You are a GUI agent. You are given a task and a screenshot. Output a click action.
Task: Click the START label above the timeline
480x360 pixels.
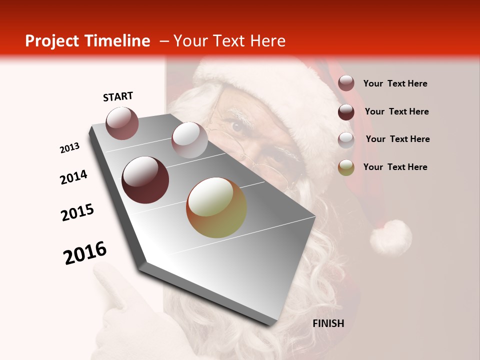(x=118, y=96)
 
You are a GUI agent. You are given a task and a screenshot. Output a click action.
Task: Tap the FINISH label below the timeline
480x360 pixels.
(x=328, y=323)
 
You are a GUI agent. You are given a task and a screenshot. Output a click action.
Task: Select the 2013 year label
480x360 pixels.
(x=69, y=148)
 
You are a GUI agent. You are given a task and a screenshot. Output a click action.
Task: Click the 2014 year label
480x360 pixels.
(x=73, y=177)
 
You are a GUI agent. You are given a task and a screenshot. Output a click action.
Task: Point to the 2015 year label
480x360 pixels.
(x=77, y=212)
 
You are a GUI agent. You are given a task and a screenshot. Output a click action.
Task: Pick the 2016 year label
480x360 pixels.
(x=85, y=253)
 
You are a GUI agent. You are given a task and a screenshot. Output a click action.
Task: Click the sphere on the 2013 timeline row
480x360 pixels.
(x=122, y=123)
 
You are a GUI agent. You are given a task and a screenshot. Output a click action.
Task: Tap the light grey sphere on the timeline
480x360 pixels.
(x=189, y=140)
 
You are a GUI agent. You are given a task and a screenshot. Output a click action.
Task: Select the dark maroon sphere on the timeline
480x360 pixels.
(x=145, y=180)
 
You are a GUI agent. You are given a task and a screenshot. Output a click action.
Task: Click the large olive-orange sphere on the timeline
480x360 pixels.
(x=216, y=207)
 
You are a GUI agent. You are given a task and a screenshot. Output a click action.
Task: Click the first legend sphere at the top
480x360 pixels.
(x=346, y=83)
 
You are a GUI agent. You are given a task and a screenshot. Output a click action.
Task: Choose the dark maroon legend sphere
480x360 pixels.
(x=346, y=112)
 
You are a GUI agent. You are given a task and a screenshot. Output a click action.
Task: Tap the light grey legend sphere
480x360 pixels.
(x=346, y=139)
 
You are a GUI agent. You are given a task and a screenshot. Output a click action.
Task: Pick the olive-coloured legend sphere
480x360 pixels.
(x=346, y=167)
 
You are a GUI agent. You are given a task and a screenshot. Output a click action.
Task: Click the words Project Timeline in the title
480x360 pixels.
(x=87, y=41)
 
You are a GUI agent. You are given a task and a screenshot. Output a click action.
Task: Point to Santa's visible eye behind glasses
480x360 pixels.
(x=237, y=125)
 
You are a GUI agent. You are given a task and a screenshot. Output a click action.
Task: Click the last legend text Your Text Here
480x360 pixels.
(x=395, y=167)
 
